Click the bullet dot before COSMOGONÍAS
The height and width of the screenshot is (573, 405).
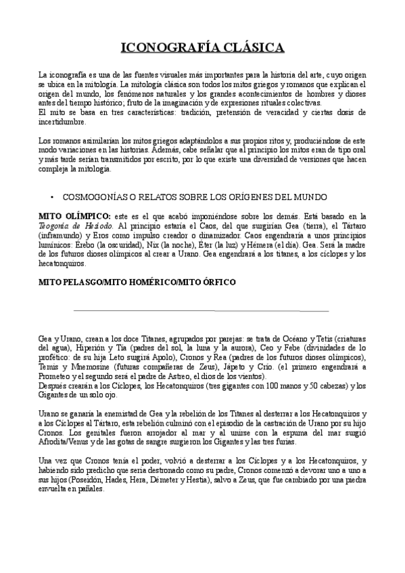coord(52,197)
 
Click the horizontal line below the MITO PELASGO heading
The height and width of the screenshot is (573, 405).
coord(201,311)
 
